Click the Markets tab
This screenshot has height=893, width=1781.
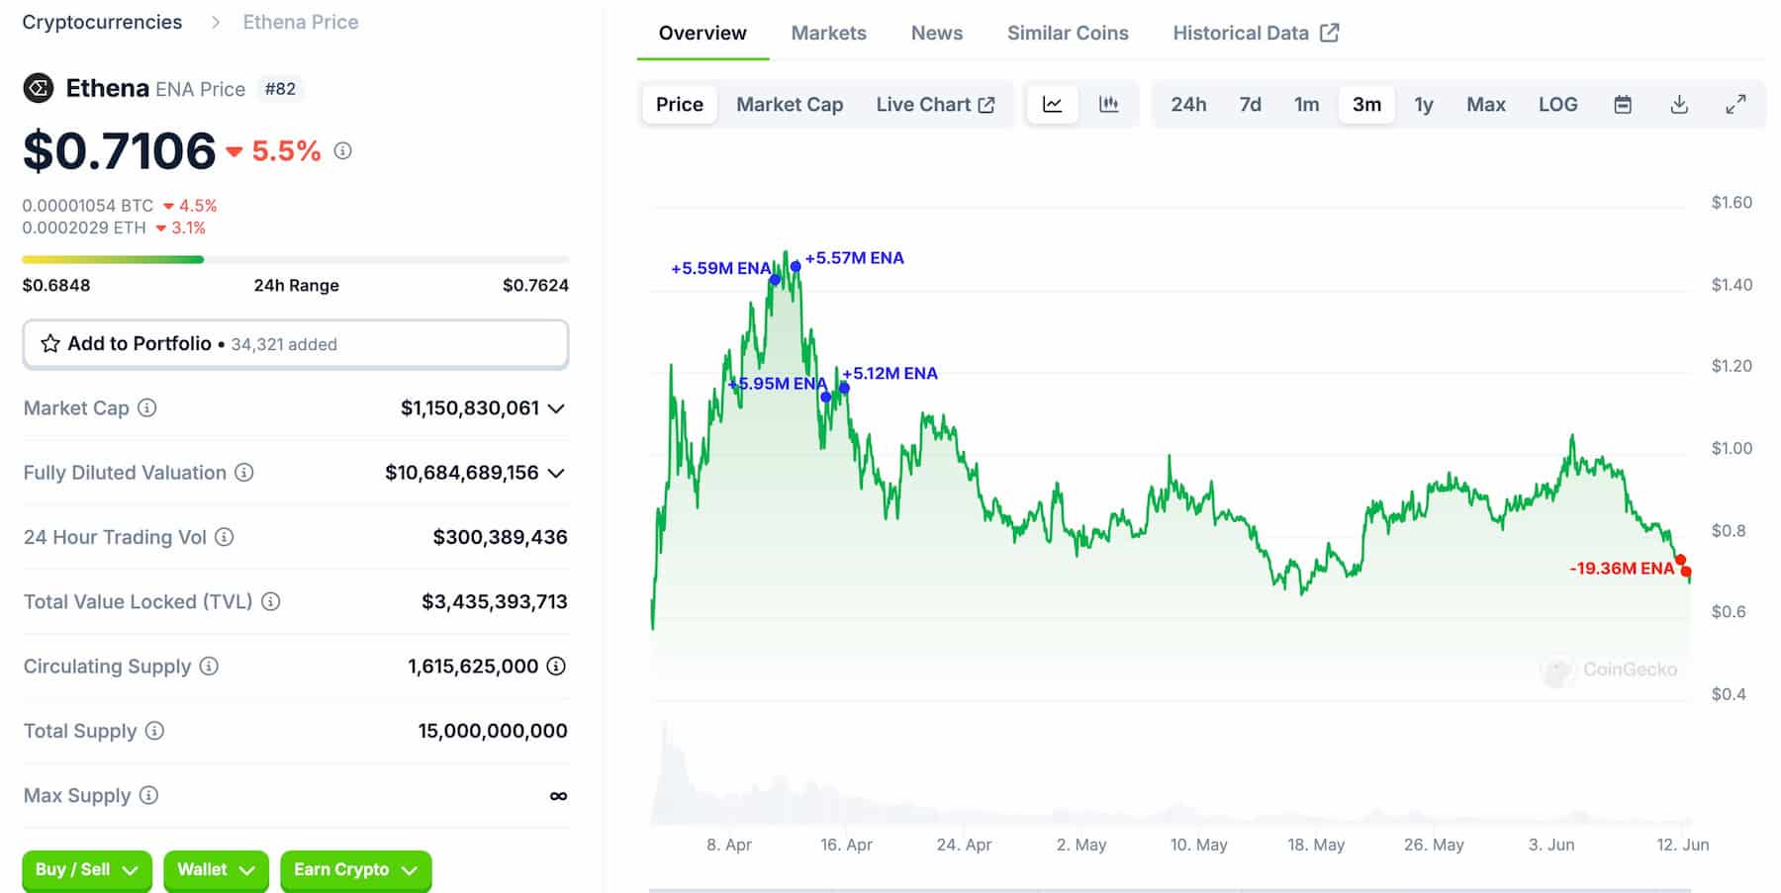(828, 33)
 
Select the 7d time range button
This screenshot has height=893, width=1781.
(1250, 104)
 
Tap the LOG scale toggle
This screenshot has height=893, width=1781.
(1557, 104)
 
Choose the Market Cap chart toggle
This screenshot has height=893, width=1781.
(789, 104)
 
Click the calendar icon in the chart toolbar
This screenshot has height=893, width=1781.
(1623, 104)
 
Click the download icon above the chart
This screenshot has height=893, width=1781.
(1679, 104)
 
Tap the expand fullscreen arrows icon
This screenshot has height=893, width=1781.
(1735, 104)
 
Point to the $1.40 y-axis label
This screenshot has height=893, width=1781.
(1732, 285)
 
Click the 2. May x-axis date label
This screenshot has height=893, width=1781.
(1080, 845)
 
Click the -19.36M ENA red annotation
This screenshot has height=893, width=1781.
(1621, 569)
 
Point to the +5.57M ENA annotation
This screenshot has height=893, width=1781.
(854, 258)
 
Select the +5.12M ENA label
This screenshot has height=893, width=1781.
(890, 374)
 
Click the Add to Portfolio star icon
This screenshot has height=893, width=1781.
(50, 344)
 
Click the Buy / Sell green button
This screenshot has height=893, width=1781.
(86, 869)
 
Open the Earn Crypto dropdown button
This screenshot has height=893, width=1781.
(355, 869)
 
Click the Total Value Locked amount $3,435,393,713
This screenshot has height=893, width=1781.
(494, 601)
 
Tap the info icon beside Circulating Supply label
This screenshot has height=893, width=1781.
(209, 666)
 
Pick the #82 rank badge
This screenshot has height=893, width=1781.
(280, 89)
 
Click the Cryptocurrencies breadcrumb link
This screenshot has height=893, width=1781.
(102, 22)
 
